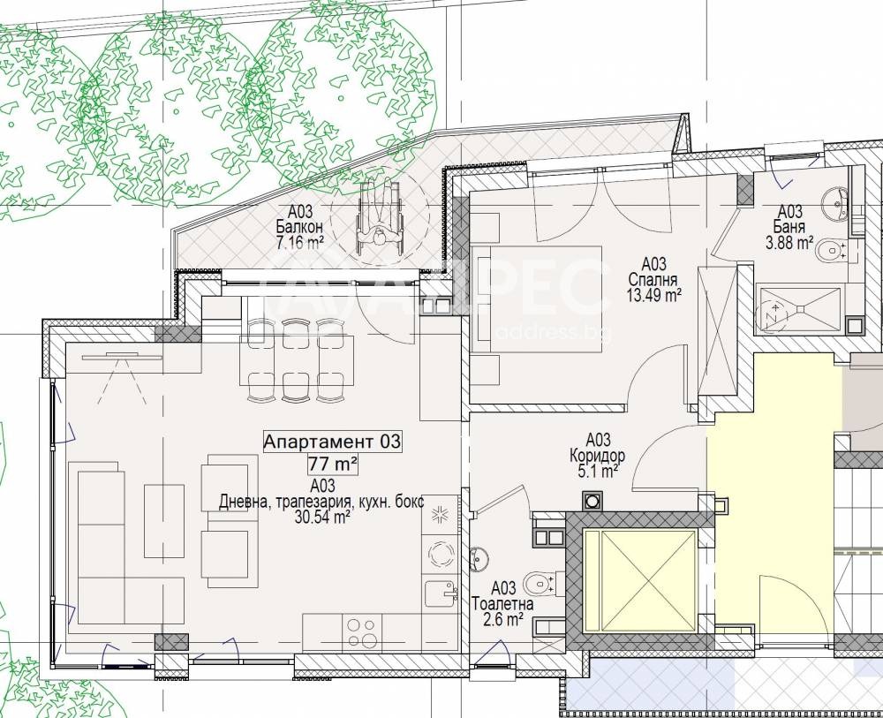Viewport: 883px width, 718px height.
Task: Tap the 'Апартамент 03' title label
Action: tap(332, 442)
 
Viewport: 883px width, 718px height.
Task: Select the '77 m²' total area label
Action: tap(332, 465)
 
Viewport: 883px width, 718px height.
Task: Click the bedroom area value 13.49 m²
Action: tap(653, 294)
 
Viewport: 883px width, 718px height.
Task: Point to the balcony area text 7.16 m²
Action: tap(299, 243)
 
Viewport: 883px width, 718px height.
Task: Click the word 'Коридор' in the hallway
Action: tap(598, 455)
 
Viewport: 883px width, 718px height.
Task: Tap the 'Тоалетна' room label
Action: tap(503, 604)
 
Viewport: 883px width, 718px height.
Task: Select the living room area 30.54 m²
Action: tap(321, 518)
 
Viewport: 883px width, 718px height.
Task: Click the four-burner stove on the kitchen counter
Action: tap(361, 631)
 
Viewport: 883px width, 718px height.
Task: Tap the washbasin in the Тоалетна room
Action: tap(478, 557)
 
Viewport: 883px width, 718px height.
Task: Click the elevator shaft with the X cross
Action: tap(639, 579)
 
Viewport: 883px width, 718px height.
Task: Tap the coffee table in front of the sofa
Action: tap(164, 520)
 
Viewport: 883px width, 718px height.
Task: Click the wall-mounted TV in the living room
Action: tap(122, 356)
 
